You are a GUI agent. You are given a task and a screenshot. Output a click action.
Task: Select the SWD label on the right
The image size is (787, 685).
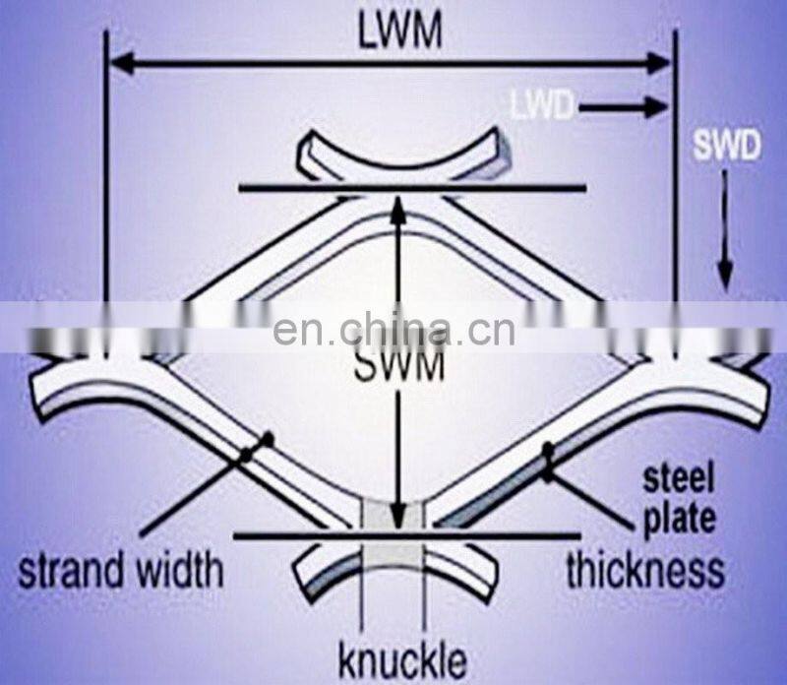726,148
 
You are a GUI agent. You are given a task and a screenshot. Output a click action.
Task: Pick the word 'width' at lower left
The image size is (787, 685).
181,569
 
